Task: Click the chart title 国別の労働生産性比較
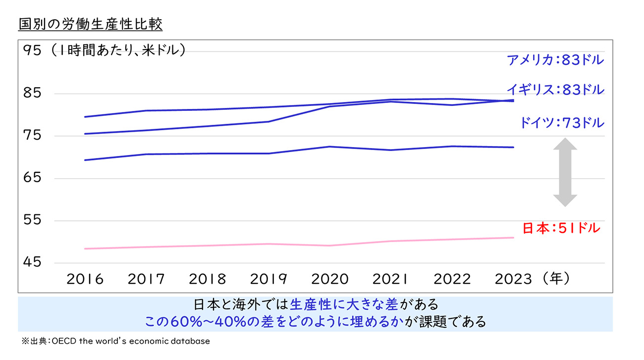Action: click(x=91, y=23)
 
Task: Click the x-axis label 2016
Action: click(x=85, y=279)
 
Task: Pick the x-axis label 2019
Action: click(x=268, y=279)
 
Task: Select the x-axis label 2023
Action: click(x=514, y=279)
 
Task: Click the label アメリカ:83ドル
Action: click(x=555, y=60)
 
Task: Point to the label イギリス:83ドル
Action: click(x=555, y=90)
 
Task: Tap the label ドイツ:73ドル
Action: click(x=562, y=122)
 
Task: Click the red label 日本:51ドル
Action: click(x=561, y=228)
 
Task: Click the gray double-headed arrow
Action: click(x=565, y=172)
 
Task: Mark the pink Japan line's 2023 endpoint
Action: click(x=513, y=238)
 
